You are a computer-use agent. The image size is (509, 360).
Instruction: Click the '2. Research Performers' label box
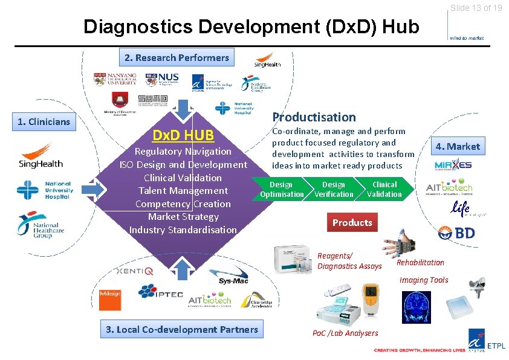pyautogui.click(x=177, y=58)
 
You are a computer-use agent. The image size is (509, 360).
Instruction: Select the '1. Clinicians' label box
pyautogui.click(x=44, y=121)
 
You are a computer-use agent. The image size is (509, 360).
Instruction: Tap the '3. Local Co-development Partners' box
pyautogui.click(x=181, y=329)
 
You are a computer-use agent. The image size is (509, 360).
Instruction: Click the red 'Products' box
pyautogui.click(x=352, y=222)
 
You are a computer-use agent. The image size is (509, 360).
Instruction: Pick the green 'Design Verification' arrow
pyautogui.click(x=334, y=189)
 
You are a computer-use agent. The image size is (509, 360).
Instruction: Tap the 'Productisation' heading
pyautogui.click(x=314, y=117)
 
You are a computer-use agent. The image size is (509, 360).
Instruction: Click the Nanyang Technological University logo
pyautogui.click(x=115, y=79)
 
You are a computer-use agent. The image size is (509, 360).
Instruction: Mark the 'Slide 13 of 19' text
pyautogui.click(x=476, y=8)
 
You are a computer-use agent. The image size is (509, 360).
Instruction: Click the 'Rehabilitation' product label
pyautogui.click(x=420, y=262)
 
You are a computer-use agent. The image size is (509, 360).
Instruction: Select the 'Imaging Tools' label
pyautogui.click(x=424, y=280)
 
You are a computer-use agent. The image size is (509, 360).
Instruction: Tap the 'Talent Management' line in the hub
pyautogui.click(x=183, y=191)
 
